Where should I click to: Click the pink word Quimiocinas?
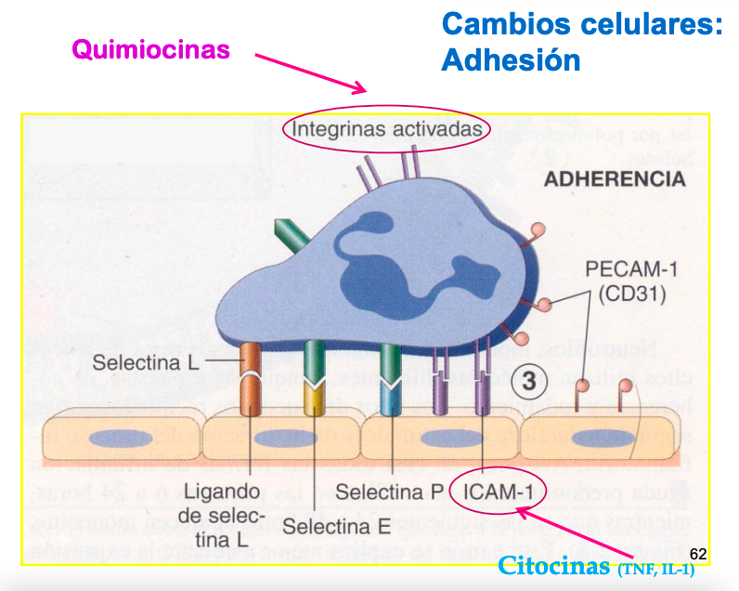pos(150,48)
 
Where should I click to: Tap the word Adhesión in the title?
pos(511,60)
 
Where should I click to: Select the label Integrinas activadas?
pos(387,128)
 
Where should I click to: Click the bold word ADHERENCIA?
pos(614,179)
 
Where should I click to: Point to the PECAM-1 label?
pos(630,270)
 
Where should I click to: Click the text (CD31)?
pos(630,294)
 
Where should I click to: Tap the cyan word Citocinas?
pos(553,565)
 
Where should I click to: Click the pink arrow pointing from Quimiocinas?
pos(311,74)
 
